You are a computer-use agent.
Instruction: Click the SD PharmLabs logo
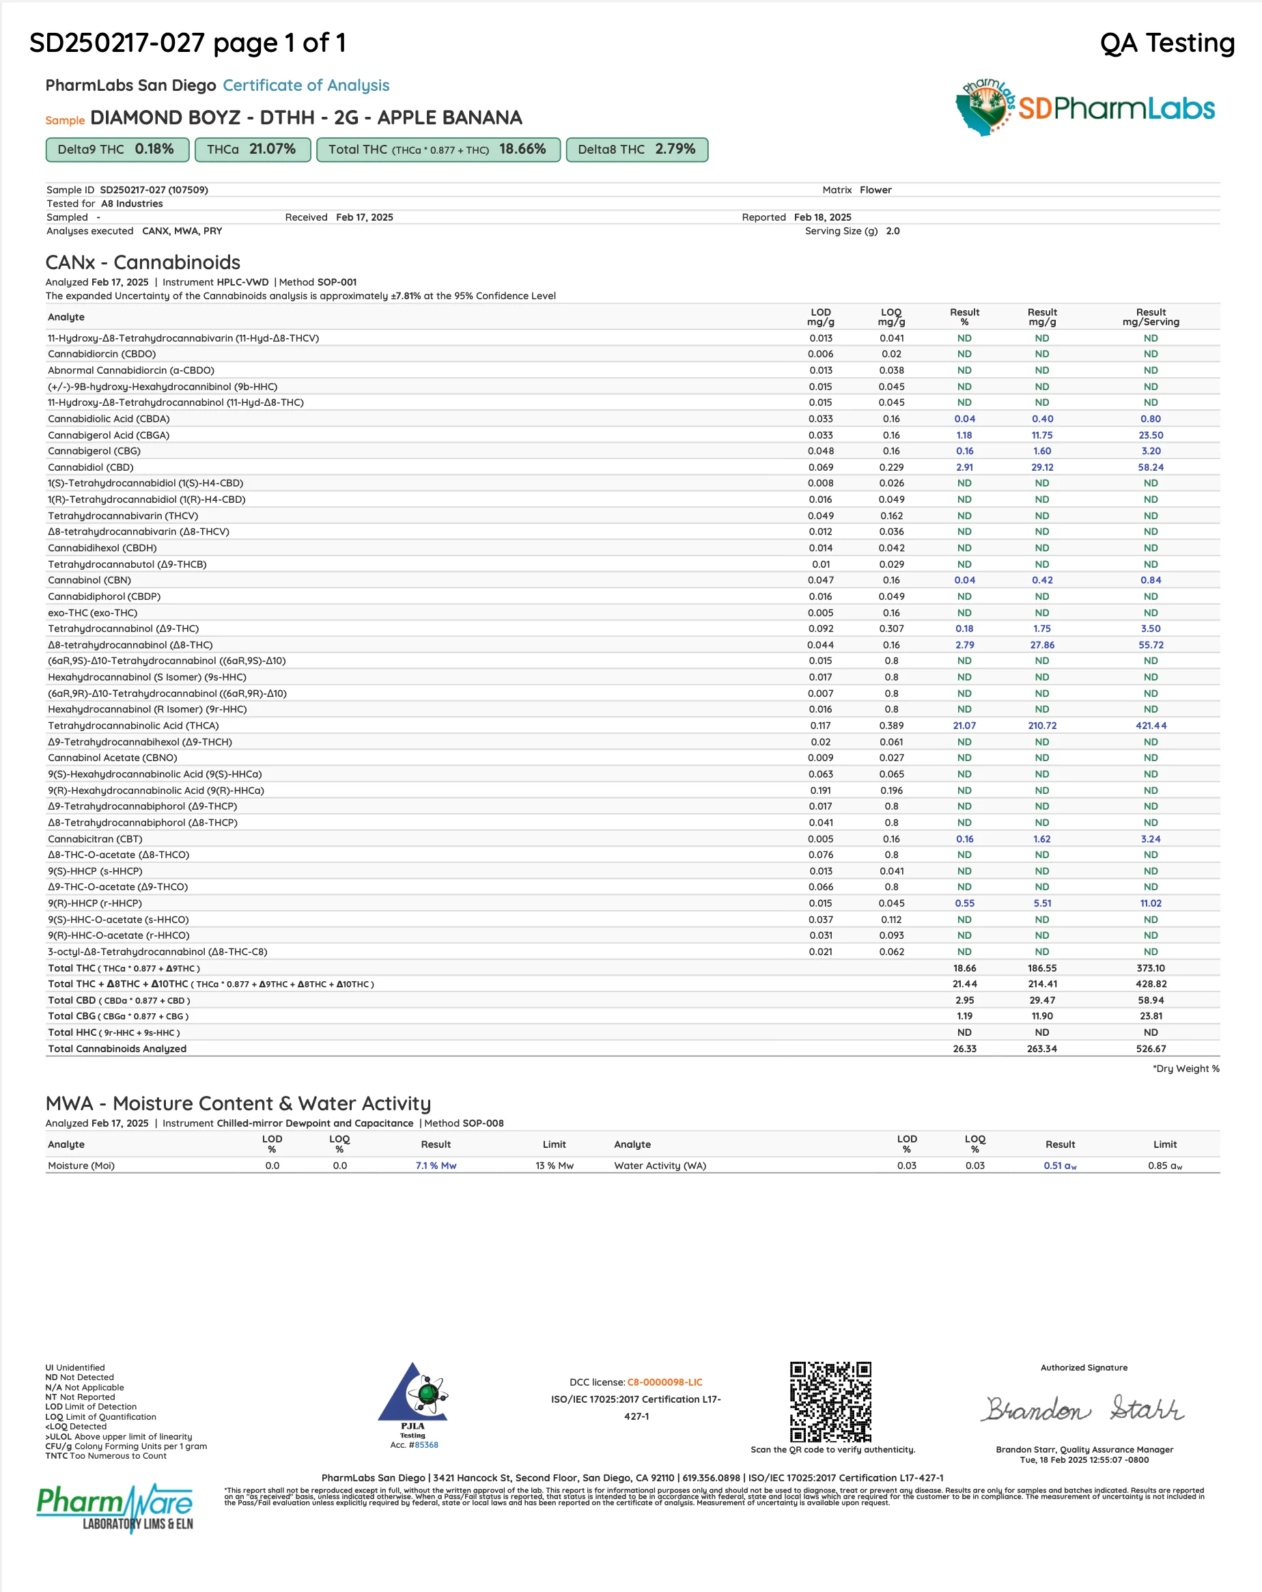[1085, 109]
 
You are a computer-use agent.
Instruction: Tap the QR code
[830, 1401]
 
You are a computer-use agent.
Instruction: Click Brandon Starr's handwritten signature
[1083, 1409]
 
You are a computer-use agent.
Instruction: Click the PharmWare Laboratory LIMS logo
[115, 1507]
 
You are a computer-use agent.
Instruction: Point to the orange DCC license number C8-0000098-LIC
[664, 1382]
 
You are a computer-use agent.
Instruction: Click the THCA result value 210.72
[1042, 726]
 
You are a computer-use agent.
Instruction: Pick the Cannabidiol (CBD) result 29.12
[1042, 467]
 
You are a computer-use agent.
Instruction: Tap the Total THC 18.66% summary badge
[438, 149]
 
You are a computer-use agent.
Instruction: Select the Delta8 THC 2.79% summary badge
[636, 149]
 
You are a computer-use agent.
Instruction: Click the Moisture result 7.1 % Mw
[436, 1165]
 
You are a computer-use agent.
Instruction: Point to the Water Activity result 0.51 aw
[1060, 1165]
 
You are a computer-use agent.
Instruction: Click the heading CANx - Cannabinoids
[143, 262]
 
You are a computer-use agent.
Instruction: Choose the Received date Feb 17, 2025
[364, 217]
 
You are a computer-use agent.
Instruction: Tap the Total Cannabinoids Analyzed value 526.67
[1151, 1049]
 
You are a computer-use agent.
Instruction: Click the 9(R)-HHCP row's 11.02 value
[1151, 903]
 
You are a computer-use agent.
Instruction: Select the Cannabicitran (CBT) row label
[95, 839]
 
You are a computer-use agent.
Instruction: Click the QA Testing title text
[1167, 43]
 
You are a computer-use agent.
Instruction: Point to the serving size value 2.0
[893, 231]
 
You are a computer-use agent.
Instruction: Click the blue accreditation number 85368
[426, 1445]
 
